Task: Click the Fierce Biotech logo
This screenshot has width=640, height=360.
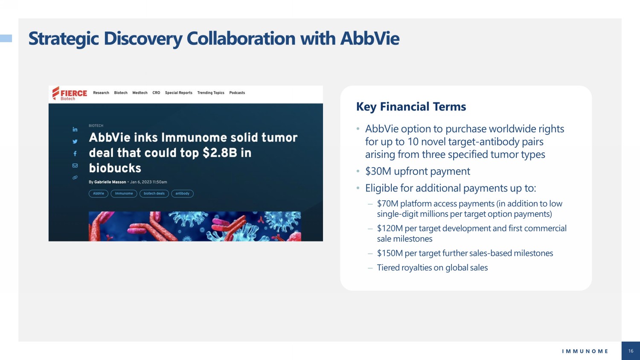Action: tap(70, 93)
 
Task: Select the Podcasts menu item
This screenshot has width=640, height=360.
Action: tap(237, 93)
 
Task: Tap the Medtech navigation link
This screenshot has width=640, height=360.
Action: tap(140, 93)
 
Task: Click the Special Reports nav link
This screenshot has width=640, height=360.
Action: tap(179, 93)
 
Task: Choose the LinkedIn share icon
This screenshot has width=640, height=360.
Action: tap(75, 129)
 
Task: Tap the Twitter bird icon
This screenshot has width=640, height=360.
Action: tap(75, 142)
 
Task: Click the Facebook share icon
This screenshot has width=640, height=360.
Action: tap(75, 154)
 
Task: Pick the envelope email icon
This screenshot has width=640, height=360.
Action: tap(75, 165)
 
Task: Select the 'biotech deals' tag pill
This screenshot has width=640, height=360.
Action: tap(154, 193)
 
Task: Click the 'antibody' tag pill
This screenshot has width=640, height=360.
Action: tap(182, 193)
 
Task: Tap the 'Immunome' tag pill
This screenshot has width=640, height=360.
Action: tap(124, 193)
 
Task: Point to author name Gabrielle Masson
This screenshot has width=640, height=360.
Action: tap(110, 182)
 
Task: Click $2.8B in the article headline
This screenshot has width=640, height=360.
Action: tap(220, 153)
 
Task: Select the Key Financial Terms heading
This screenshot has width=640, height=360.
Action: tap(411, 107)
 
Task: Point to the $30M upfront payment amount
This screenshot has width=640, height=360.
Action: tap(378, 171)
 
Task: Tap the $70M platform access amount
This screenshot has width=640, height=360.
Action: tap(387, 203)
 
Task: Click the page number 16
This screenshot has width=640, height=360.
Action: tap(631, 351)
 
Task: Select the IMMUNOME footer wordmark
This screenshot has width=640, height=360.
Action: tap(585, 351)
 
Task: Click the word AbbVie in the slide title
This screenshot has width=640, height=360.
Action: tap(370, 38)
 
